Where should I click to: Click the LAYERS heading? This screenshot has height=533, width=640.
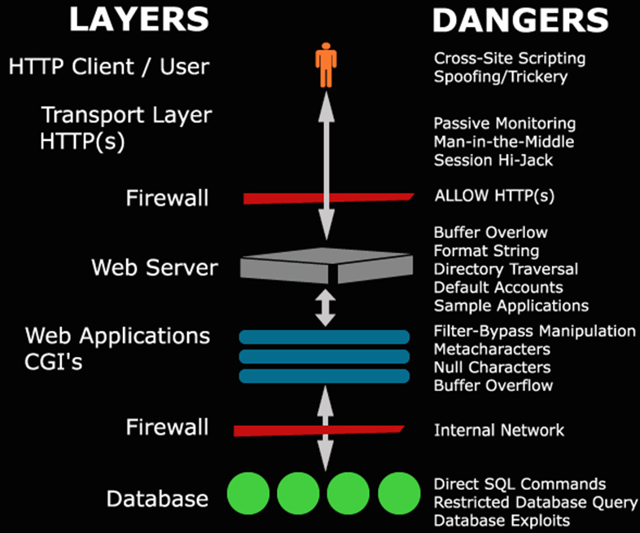click(138, 20)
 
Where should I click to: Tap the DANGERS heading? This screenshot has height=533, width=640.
click(520, 20)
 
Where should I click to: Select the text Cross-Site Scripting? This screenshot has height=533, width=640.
click(510, 59)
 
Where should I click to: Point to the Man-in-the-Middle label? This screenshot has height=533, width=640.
click(504, 142)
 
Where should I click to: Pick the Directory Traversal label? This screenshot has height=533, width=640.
click(506, 269)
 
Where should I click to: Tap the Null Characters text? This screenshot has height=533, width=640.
click(492, 368)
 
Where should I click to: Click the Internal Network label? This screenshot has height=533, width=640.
click(499, 429)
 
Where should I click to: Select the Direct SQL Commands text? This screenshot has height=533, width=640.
click(519, 484)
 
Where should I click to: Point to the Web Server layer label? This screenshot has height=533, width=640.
click(155, 267)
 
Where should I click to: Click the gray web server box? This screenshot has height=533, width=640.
click(325, 266)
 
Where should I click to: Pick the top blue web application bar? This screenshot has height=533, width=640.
click(324, 337)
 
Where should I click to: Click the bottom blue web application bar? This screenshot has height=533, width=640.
click(324, 376)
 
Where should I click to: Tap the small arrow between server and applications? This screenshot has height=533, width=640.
click(325, 306)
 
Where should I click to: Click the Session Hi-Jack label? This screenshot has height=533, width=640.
click(493, 160)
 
